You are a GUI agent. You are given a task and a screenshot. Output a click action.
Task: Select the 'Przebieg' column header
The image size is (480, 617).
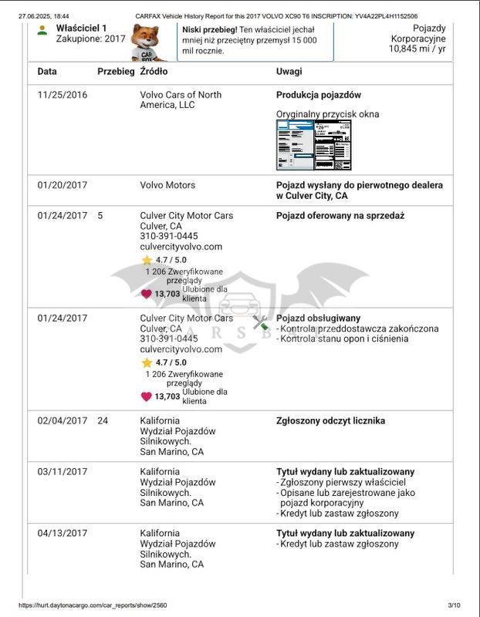point(115,72)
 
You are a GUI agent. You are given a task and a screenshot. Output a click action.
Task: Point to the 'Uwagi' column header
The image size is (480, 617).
point(289,72)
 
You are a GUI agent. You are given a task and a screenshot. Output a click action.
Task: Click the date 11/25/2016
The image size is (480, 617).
point(63,95)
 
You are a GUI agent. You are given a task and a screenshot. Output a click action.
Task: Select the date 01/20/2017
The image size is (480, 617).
point(63,185)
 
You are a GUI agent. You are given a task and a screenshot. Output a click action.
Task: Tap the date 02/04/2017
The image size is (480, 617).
point(63,421)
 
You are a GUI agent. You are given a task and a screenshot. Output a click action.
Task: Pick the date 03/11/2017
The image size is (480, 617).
point(63,472)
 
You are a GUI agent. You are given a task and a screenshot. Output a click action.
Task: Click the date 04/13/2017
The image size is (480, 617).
point(63,534)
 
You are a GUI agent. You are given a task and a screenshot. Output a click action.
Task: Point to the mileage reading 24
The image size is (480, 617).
point(103,421)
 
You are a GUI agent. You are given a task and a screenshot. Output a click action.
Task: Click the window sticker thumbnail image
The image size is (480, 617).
point(313,144)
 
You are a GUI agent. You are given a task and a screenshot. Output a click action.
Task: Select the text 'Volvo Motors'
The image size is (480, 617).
point(167,185)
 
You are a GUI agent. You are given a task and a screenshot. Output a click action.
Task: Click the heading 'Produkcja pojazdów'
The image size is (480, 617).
point(319,95)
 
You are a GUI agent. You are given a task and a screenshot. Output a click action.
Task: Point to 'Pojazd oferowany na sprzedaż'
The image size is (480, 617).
point(340,216)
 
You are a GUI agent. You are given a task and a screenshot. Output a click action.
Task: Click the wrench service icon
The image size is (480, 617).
point(261,322)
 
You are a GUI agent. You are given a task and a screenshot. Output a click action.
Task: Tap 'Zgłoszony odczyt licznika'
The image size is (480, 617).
point(330,421)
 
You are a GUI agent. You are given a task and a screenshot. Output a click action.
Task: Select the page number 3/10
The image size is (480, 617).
point(453,605)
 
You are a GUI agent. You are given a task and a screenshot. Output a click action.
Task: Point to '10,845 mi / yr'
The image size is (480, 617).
point(417,49)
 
